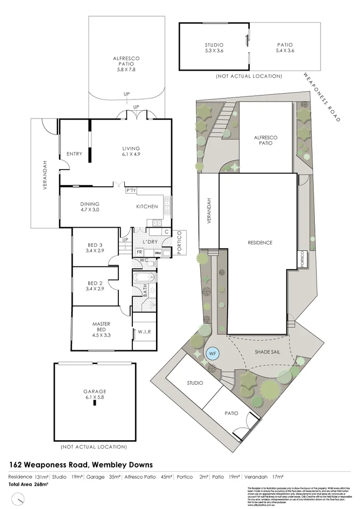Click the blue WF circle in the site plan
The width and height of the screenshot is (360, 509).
coord(213,354)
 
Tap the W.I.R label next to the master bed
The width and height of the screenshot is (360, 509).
coord(144,332)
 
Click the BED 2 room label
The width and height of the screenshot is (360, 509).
coord(95,286)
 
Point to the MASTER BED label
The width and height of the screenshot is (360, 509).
coord(101,327)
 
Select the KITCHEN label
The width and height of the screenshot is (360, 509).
coord(147,207)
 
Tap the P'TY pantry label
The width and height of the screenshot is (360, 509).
coord(130,190)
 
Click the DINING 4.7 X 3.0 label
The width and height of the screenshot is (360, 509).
coord(90,207)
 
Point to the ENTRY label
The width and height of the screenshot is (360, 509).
coord(74,154)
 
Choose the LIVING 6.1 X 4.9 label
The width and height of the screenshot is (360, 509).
coord(131,152)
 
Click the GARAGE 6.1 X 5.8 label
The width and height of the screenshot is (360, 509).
coord(94,394)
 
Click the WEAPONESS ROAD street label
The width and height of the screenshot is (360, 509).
coord(322,98)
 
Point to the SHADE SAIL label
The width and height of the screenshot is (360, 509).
coord(267,351)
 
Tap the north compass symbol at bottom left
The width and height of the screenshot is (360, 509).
coord(19,500)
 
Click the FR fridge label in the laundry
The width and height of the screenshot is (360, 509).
coord(139,252)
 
